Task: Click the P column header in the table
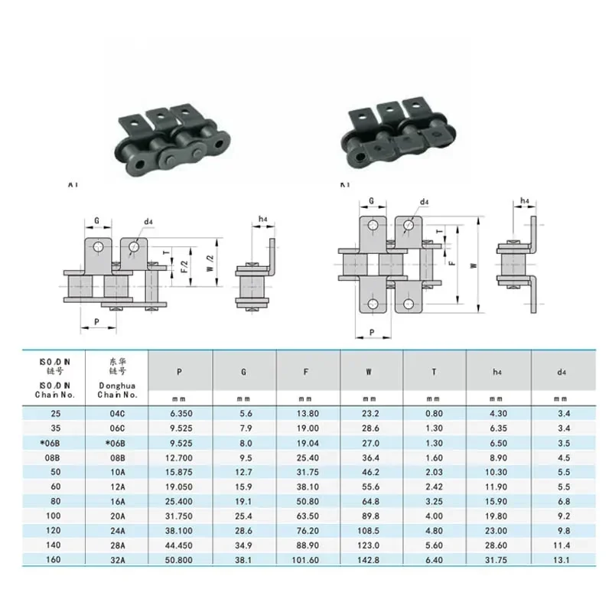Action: pos(179,373)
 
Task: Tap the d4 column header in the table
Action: pos(562,373)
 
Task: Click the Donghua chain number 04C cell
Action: pos(117,414)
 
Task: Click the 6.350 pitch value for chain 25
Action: pos(179,414)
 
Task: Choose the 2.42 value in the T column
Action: pos(434,487)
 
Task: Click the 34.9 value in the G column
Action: pos(243,545)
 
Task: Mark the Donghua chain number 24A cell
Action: pos(117,530)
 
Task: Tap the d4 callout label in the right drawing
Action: pos(424,203)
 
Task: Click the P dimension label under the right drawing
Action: pos(371,333)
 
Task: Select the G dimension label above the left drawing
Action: pos(97,221)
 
